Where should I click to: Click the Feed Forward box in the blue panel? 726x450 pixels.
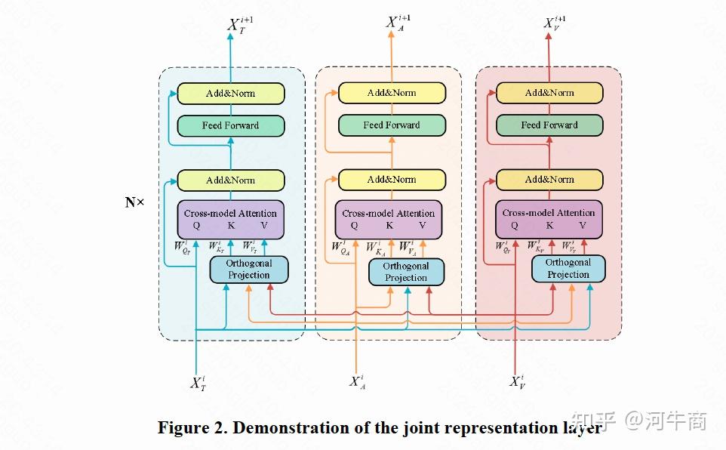[x=230, y=125]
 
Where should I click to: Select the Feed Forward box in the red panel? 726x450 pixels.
[x=549, y=125]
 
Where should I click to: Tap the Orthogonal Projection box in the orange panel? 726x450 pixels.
[x=406, y=272]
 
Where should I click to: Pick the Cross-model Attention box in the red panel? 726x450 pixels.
[x=549, y=219]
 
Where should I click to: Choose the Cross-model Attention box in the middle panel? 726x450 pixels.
[x=389, y=219]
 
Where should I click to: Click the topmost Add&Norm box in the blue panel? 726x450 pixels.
[x=230, y=94]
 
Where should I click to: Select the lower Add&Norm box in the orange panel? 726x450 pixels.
[x=391, y=180]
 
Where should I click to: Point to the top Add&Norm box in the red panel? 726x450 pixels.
[x=549, y=93]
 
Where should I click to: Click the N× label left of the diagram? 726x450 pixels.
[x=134, y=202]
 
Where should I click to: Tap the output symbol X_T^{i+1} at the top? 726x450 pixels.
[x=240, y=26]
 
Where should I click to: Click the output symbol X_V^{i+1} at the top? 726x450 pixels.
[x=555, y=23]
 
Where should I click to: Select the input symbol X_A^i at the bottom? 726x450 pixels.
[x=357, y=381]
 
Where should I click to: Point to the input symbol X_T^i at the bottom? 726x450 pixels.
[x=198, y=383]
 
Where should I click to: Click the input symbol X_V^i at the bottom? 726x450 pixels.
[x=517, y=381]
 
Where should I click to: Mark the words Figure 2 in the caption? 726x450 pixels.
[x=192, y=427]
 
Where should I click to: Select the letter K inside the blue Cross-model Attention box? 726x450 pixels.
[x=230, y=226]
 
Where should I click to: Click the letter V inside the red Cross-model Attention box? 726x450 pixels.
[x=582, y=225]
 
